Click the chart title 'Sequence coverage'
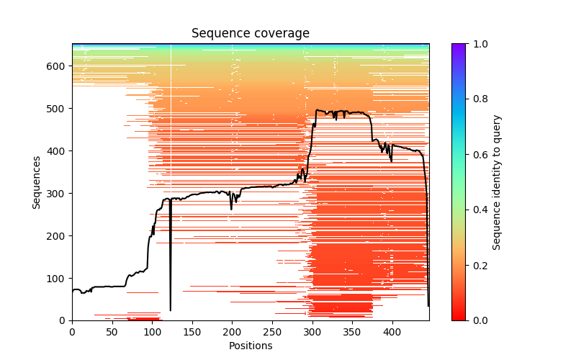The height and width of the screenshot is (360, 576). [250, 34]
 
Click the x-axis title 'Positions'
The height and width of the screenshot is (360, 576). [250, 346]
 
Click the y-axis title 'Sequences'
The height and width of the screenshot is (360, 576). [37, 182]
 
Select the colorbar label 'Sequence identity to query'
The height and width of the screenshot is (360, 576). [498, 182]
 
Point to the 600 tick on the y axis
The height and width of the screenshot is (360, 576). [58, 66]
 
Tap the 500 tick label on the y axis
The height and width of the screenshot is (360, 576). [58, 109]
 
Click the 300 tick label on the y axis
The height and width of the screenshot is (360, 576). [58, 194]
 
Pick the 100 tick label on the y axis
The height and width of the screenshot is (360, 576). [58, 279]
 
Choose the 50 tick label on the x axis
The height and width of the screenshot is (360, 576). [112, 332]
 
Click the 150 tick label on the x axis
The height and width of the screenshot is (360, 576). [192, 332]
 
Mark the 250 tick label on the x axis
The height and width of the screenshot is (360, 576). [272, 332]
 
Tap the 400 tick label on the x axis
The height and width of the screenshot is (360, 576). [392, 332]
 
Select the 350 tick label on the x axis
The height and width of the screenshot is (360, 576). [352, 332]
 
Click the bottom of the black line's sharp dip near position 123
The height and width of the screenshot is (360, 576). [171, 310]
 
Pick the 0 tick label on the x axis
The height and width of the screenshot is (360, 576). [72, 332]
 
